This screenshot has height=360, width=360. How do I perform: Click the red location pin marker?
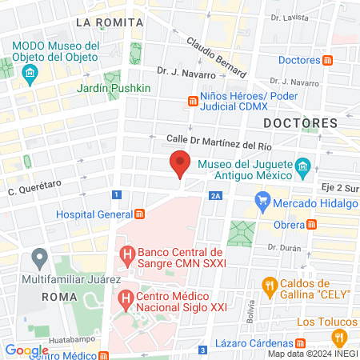coord(180,163)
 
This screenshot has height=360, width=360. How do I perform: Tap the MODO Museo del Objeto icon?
coord(31,75)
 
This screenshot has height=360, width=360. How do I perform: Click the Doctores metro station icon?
coord(328,61)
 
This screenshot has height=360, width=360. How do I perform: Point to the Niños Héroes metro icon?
coord(193,101)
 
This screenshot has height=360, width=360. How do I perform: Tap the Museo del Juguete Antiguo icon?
coord(302,168)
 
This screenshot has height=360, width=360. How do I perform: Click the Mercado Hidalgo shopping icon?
coord(262,202)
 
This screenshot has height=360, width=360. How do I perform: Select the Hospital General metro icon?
coord(140,214)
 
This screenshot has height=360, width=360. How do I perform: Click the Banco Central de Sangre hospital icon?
coord(126,256)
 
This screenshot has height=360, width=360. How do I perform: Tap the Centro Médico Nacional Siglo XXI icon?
coord(126,300)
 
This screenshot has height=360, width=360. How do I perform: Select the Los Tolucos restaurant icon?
coord(338,337)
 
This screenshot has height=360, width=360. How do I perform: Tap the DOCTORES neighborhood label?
coord(300,122)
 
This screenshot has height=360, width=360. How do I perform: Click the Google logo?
coord(26,350)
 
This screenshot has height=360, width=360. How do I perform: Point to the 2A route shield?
coord(214,194)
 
